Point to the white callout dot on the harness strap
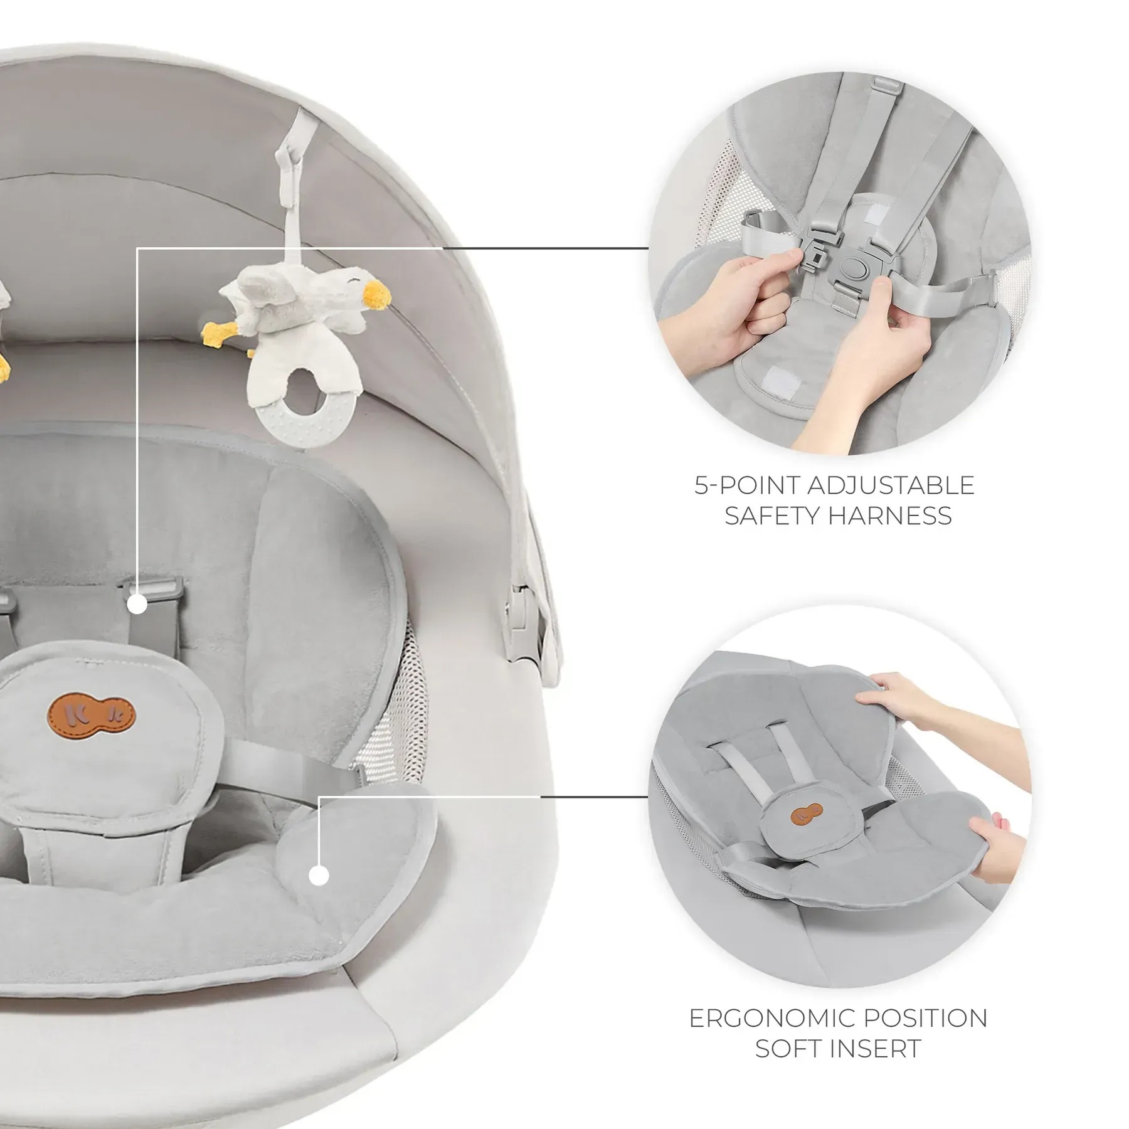click(137, 605)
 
